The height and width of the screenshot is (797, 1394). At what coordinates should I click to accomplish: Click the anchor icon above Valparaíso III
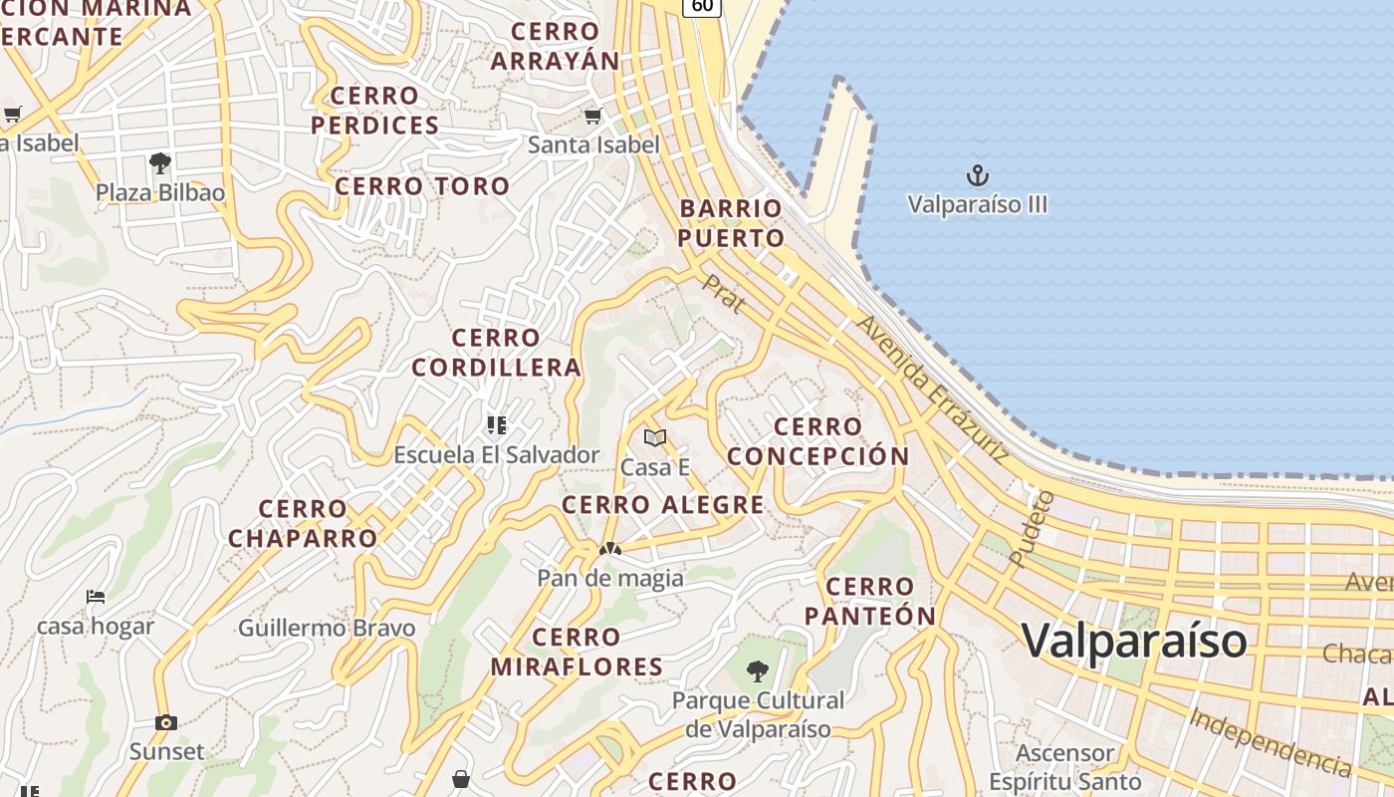point(978,176)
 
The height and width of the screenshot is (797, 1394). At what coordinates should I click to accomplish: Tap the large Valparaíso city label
point(1133,640)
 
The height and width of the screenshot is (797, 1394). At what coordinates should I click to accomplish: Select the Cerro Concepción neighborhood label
point(817,441)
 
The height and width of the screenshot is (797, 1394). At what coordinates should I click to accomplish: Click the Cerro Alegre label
point(662,505)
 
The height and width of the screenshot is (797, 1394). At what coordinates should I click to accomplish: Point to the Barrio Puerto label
point(732,223)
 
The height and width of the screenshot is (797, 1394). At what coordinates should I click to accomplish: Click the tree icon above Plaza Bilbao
point(159,163)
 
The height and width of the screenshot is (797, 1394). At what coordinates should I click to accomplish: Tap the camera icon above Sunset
point(166,722)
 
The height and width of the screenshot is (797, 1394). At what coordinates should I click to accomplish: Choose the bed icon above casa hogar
point(96,597)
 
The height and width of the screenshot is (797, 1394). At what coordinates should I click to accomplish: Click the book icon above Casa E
point(654,438)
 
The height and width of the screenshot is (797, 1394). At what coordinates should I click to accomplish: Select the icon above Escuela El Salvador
point(497,426)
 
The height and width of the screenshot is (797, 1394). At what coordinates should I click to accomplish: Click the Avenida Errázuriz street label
point(932,390)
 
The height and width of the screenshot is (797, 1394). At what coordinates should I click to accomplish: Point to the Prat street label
point(724,294)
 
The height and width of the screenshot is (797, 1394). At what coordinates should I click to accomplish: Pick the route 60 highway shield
point(701,6)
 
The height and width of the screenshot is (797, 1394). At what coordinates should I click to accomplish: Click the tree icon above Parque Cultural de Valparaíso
point(758,670)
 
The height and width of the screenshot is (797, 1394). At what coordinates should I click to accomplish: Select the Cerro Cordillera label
point(496,353)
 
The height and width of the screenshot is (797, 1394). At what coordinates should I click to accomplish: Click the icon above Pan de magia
point(609,549)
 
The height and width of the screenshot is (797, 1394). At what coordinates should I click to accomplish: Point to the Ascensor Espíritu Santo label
point(1064,767)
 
